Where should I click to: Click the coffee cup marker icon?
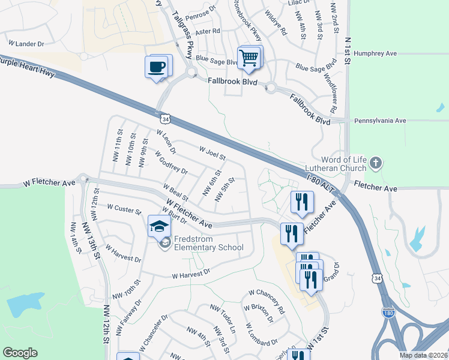point(157,66)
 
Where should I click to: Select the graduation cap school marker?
point(158,226)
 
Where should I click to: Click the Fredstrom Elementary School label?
point(208,244)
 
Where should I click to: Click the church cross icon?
point(376,163)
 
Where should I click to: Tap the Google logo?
point(20,353)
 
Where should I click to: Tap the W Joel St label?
point(212,153)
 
